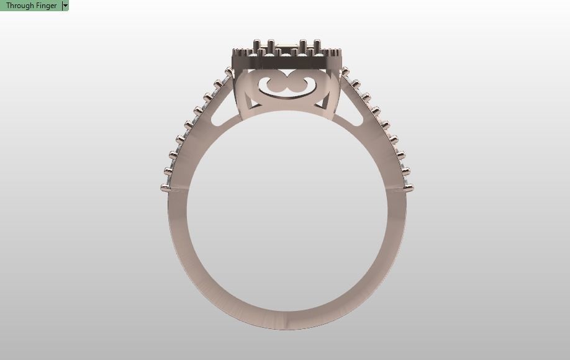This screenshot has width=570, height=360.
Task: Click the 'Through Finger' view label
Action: pos(31,6)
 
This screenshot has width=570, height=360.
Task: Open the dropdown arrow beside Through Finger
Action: pos(65,6)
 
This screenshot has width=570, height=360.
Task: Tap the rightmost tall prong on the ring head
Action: pos(317,47)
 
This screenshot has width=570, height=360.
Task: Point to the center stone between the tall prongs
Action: pos(286,45)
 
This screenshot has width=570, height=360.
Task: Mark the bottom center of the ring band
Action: pos(286,320)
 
